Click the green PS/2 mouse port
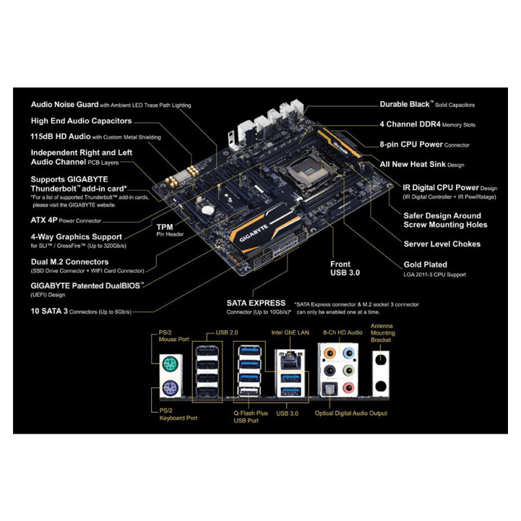click(171, 365)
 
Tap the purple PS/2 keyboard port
click(171, 387)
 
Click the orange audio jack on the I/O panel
click(330, 353)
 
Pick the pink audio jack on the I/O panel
click(348, 387)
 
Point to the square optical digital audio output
click(330, 389)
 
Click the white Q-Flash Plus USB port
click(249, 393)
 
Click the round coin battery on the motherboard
click(208, 210)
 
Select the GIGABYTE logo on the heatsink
click(253, 233)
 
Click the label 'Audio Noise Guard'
click(64, 105)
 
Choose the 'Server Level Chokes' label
click(442, 244)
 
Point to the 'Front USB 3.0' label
click(345, 268)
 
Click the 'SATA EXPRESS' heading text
click(256, 303)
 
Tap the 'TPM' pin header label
click(165, 227)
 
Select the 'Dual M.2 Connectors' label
click(70, 262)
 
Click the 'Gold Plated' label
click(425, 264)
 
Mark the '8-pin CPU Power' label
click(412, 145)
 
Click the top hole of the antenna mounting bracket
click(381, 360)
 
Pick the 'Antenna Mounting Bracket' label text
click(383, 333)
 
